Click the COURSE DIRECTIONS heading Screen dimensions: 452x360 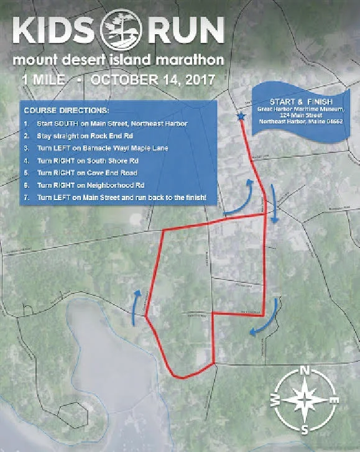[65, 111]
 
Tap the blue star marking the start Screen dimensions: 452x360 [241, 116]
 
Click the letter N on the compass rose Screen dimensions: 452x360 [305, 371]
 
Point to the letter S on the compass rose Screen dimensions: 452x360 [305, 430]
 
